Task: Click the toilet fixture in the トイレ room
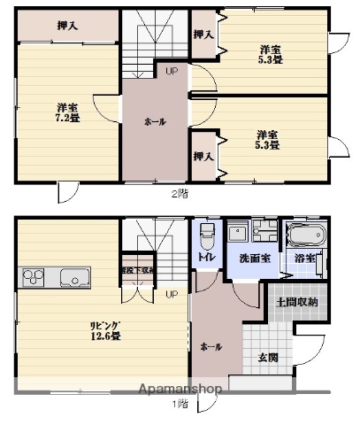206,234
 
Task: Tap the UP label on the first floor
171,293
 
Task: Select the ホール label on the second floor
156,121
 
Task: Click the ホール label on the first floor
211,346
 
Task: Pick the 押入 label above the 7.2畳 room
67,26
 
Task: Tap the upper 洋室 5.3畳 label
271,55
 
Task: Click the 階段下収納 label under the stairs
137,270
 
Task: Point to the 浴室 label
306,258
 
